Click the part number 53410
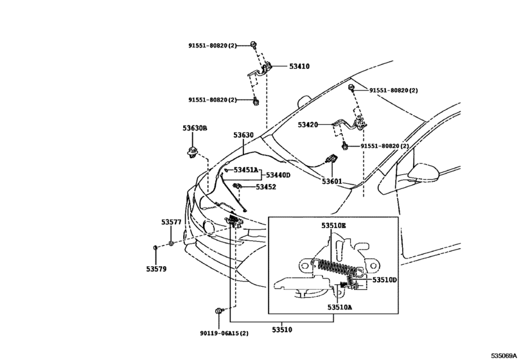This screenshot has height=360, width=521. pyautogui.click(x=299, y=66)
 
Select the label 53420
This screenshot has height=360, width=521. pyautogui.click(x=308, y=125)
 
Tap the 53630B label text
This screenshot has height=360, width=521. pyautogui.click(x=195, y=128)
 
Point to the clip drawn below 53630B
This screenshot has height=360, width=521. pyautogui.click(x=191, y=152)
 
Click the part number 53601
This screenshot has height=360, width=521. pyautogui.click(x=331, y=181)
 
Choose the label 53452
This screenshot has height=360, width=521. pyautogui.click(x=266, y=187)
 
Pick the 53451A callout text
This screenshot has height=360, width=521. pyautogui.click(x=246, y=170)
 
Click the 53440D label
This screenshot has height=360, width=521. pyautogui.click(x=278, y=175)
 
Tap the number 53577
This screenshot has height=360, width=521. pyautogui.click(x=172, y=222)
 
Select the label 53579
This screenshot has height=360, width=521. pyautogui.click(x=156, y=269)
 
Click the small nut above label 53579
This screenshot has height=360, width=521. pyautogui.click(x=155, y=248)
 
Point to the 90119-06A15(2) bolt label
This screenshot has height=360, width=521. pyautogui.click(x=224, y=333)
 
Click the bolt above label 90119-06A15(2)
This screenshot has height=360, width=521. pyautogui.click(x=218, y=311)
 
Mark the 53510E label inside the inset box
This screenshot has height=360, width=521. pyautogui.click(x=333, y=226)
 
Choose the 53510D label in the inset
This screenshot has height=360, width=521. pyautogui.click(x=384, y=280)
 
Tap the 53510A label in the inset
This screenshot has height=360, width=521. pyautogui.click(x=340, y=307)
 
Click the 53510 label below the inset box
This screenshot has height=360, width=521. pyautogui.click(x=282, y=330)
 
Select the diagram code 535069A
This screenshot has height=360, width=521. pyautogui.click(x=504, y=355)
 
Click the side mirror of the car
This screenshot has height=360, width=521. pyautogui.click(x=423, y=172)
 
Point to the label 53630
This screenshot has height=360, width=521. pyautogui.click(x=243, y=135)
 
